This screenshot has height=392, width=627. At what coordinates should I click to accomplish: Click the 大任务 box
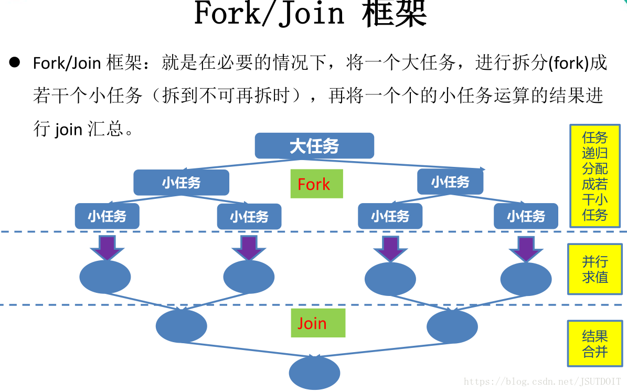coord(314,146)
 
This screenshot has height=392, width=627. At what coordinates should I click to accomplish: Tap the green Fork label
coord(316,184)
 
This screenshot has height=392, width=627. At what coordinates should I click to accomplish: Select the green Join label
coord(318,323)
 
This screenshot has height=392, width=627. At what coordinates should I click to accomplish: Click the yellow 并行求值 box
coord(594,269)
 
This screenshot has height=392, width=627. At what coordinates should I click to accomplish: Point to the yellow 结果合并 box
coord(594,344)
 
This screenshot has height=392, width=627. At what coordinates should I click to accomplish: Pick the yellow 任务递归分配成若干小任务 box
coord(594,176)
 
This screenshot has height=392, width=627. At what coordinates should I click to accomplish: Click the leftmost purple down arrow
coord(107,247)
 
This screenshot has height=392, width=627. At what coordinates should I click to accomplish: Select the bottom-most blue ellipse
coord(314,373)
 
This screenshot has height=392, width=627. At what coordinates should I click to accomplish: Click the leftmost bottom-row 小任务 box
coord(107,216)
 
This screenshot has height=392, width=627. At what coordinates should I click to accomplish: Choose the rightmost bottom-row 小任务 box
coord(526,216)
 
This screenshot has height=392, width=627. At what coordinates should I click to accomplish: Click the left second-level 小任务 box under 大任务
coord(181,183)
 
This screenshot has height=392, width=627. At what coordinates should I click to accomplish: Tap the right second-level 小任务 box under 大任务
coord(450,182)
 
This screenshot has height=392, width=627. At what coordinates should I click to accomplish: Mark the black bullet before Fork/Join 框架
coord(14,62)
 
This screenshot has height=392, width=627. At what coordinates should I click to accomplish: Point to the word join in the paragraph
coord(68,129)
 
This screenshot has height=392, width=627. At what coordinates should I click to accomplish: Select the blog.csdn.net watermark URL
coord(543,382)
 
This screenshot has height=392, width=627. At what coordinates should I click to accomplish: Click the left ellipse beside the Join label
coord(181,326)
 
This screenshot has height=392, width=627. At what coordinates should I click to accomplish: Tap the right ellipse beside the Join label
coord(452,326)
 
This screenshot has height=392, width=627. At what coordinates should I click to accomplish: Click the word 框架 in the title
coord(394,14)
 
